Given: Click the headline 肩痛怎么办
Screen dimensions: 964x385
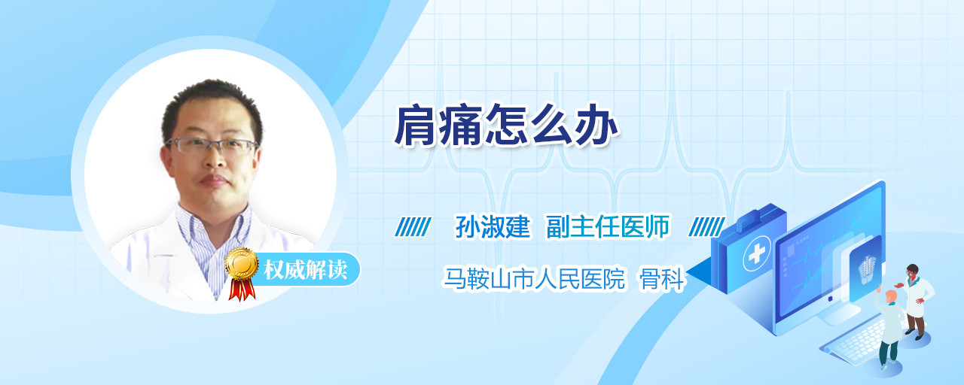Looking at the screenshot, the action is tap(507, 125).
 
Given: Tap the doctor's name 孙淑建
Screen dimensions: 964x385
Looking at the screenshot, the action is tap(493, 226).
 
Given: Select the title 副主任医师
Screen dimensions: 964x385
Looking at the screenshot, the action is tap(608, 226).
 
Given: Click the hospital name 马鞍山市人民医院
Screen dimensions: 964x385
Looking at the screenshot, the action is tap(534, 279).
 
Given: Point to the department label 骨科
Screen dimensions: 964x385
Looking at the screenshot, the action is tap(661, 279).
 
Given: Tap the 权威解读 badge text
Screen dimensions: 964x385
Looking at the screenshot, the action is tap(306, 269).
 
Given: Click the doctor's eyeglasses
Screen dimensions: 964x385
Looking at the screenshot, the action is tap(212, 146).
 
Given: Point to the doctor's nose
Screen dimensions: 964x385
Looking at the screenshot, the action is tap(214, 160).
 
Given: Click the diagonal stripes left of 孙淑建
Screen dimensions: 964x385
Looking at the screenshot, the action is tap(413, 227).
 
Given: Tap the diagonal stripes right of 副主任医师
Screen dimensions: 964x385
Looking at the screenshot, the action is tap(706, 227).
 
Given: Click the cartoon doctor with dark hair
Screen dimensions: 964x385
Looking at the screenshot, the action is tap(916, 302).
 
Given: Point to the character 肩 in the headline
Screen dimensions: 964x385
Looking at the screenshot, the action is tap(416, 125).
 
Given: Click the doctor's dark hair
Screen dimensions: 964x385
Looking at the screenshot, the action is tap(212, 102).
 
